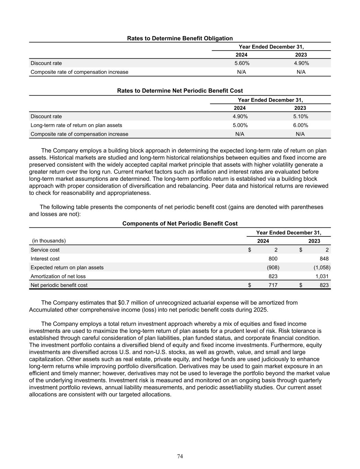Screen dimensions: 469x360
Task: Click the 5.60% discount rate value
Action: pyautogui.click(x=242, y=63)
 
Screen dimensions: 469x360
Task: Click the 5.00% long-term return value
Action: pyautogui.click(x=240, y=125)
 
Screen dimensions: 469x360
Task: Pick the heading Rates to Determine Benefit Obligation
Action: pyautogui.click(x=180, y=38)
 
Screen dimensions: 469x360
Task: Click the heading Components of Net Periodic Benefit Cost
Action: pyautogui.click(x=180, y=224)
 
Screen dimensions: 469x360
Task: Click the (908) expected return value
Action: pyautogui.click(x=273, y=268)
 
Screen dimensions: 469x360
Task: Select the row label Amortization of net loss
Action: pyautogui.click(x=58, y=276)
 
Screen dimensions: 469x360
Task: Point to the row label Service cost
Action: pyautogui.click(x=45, y=250)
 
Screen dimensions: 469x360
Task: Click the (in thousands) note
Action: pyautogui.click(x=49, y=241)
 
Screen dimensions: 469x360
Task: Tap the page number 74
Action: pyautogui.click(x=180, y=456)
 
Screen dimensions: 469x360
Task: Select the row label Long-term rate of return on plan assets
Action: pyautogui.click(x=76, y=125)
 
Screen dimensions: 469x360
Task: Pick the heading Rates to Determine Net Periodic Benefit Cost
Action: pyautogui.click(x=180, y=91)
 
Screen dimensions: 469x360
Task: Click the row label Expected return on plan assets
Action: pyautogui.click(x=67, y=268)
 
